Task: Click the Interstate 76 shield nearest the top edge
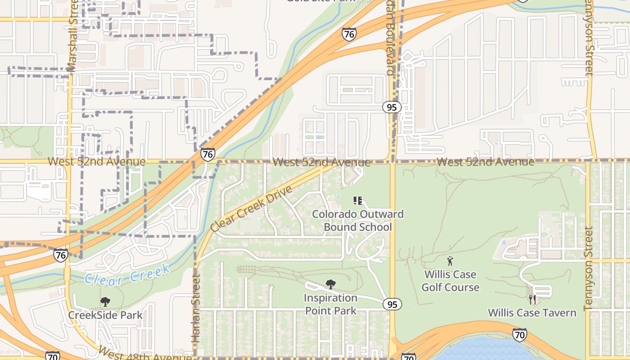349,34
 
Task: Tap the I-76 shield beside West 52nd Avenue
207,154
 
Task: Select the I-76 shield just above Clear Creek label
61,255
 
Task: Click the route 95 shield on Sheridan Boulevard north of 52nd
392,107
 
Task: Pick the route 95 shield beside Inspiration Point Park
392,304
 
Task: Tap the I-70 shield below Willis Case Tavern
519,334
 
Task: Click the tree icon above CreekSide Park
105,301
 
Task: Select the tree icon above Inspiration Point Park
330,284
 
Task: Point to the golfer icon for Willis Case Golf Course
450,261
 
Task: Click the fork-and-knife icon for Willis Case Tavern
532,299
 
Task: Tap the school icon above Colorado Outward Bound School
358,200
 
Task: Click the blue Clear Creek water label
127,274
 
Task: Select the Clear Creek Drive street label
251,209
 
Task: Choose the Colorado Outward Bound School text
358,220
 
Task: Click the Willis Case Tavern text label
532,313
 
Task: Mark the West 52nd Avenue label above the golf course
485,162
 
